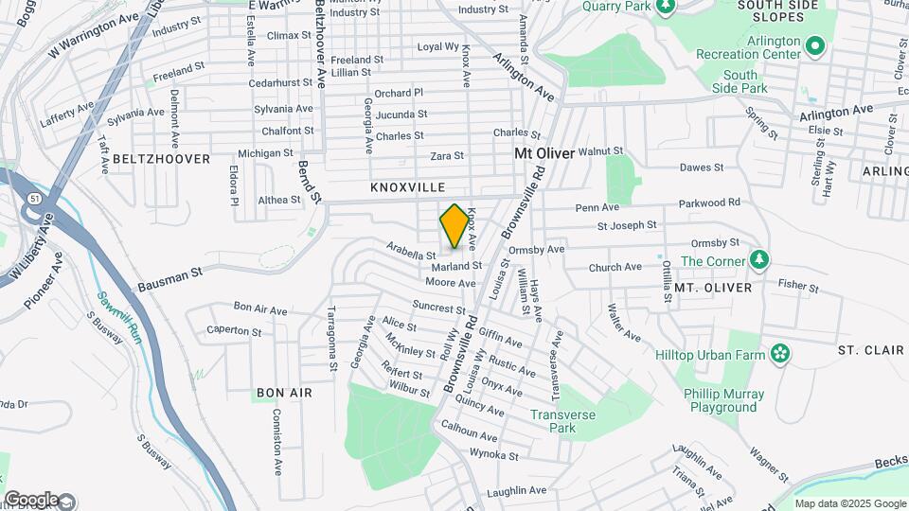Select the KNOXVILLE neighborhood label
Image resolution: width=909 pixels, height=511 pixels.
[407, 188]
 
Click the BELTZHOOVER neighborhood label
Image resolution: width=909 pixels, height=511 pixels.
[161, 159]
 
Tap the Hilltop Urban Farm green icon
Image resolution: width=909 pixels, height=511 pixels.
[779, 354]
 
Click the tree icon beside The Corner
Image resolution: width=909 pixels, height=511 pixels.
[758, 259]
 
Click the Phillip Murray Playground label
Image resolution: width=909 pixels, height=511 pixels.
[722, 401]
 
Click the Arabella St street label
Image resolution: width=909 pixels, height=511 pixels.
[411, 250]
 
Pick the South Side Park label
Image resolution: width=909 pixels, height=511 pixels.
[740, 81]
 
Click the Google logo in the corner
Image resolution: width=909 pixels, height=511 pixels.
[31, 499]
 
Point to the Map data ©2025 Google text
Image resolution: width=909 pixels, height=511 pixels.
[849, 503]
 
